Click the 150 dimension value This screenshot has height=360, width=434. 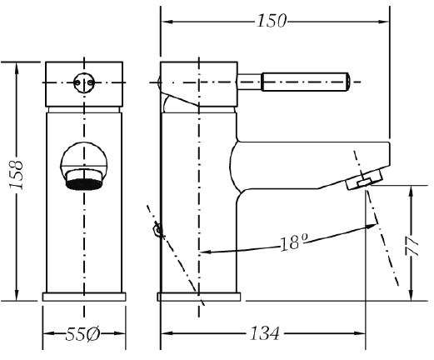click(272, 21)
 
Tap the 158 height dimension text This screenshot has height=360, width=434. click(16, 175)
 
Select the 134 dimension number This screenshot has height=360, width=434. click(264, 333)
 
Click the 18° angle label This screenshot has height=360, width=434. click(293, 242)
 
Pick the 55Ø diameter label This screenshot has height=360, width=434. click(82, 333)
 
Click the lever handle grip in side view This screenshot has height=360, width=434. click(306, 82)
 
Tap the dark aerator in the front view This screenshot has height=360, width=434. click(84, 185)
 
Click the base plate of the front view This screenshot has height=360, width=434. click(84, 297)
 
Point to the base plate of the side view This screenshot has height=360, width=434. click(199, 297)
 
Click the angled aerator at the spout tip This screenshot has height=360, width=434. click(364, 180)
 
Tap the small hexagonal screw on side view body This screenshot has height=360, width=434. click(157, 230)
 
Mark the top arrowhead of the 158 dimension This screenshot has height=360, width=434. click(17, 68)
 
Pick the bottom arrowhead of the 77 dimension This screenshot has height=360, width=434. click(412, 294)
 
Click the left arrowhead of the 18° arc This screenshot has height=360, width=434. click(206, 252)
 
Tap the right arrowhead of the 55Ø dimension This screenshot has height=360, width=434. click(119, 333)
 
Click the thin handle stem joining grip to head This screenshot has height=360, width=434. click(250, 82)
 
